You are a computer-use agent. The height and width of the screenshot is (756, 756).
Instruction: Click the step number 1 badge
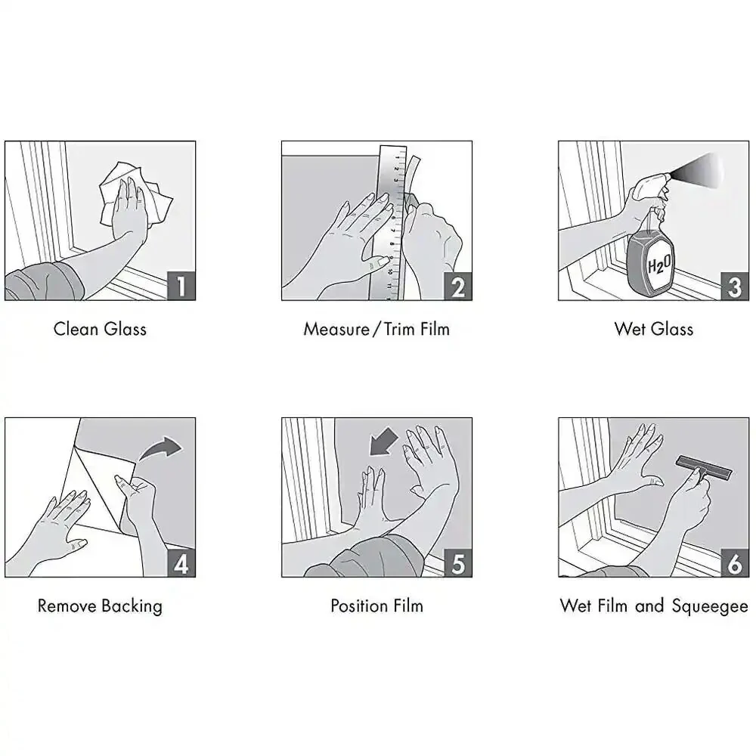[x=181, y=286]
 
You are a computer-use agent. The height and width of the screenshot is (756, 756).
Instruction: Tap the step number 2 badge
[x=458, y=286]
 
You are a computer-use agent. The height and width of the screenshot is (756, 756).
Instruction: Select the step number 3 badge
[x=735, y=286]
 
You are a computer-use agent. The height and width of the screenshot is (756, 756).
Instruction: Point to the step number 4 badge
[x=181, y=562]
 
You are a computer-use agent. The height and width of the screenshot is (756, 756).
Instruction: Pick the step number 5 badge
[x=458, y=562]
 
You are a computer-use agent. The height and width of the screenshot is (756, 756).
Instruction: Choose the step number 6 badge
[x=735, y=562]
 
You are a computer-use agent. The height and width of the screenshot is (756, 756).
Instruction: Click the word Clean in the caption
[x=76, y=329]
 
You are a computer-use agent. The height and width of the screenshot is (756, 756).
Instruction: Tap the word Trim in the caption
[x=400, y=329]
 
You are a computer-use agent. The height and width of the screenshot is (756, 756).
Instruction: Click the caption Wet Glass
[x=654, y=329]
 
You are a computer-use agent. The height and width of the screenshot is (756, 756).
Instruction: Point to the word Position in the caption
[x=359, y=606]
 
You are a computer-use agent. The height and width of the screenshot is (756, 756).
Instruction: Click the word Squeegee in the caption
[x=710, y=606]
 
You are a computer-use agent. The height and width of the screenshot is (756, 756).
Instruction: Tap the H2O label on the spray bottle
[x=658, y=265]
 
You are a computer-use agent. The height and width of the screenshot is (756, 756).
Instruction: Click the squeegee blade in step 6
[x=705, y=466]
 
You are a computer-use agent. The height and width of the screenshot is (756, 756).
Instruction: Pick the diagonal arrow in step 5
[x=384, y=442]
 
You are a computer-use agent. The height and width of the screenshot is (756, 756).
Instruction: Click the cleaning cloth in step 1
[x=136, y=195]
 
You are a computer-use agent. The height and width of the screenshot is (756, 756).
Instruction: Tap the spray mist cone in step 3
[x=698, y=170]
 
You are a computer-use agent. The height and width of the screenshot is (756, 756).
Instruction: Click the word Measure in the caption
[x=336, y=329]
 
